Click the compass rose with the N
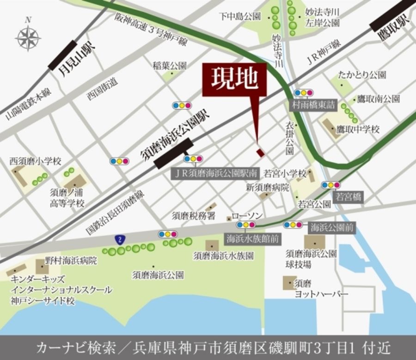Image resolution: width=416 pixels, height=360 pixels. coord(28,37)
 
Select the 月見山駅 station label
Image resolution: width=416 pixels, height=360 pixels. coord(77,60)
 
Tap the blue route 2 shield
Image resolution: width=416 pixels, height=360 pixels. coord(120,239)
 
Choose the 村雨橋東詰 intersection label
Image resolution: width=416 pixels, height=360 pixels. coord(313,104)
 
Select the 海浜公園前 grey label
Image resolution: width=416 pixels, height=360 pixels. coord(332,227)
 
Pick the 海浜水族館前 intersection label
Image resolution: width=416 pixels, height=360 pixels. coord(252,238)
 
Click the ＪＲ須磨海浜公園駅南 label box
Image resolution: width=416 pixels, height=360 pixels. coord(214,174)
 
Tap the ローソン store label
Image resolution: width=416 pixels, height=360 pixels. coord(247,216)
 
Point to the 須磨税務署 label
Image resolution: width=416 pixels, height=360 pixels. coord(194,215)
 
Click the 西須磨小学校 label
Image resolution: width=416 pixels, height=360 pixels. coord(35,161)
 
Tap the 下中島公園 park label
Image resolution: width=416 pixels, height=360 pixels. coord(240,16)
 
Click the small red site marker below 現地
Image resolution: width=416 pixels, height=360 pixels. coord(261,153)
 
